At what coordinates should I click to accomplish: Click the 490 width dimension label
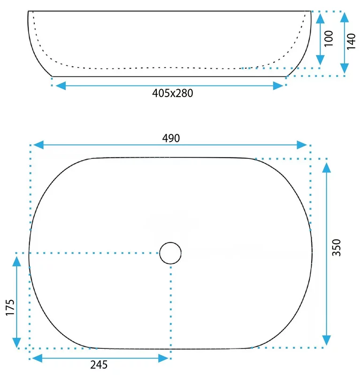pyautogui.click(x=171, y=138)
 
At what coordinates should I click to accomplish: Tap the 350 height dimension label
pyautogui.click(x=336, y=247)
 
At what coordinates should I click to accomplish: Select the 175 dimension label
pyautogui.click(x=10, y=307)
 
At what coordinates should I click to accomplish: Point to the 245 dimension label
pyautogui.click(x=99, y=365)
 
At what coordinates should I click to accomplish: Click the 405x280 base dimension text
pyautogui.click(x=172, y=93)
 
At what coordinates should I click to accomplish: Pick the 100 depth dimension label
pyautogui.click(x=329, y=38)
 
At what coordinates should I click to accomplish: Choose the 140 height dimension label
pyautogui.click(x=352, y=42)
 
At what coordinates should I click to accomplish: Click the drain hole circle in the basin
pyautogui.click(x=170, y=242)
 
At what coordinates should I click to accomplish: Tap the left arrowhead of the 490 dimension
pyautogui.click(x=38, y=145)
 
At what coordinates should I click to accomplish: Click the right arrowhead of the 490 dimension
pyautogui.click(x=301, y=145)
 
